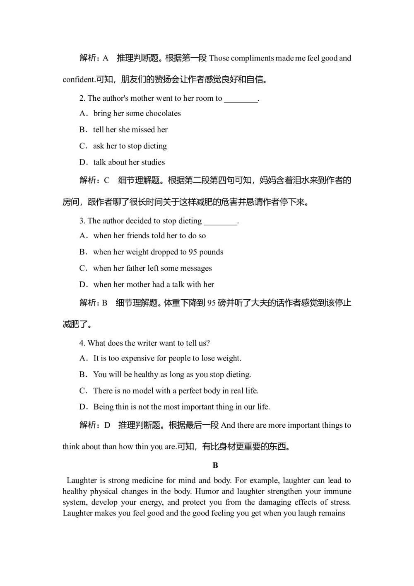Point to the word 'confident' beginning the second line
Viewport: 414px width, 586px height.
79,80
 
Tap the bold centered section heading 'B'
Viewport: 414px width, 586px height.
215,465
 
